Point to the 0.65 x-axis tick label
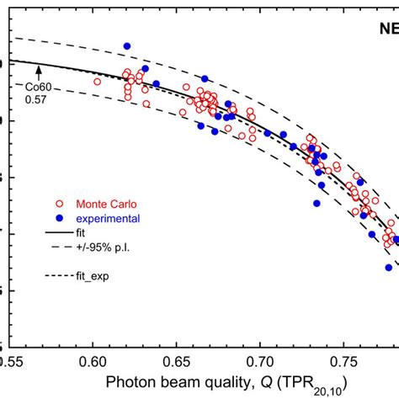coord(177,361)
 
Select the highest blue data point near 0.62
coord(127,46)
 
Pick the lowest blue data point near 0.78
coord(389,267)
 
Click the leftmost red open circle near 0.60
coord(98,82)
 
